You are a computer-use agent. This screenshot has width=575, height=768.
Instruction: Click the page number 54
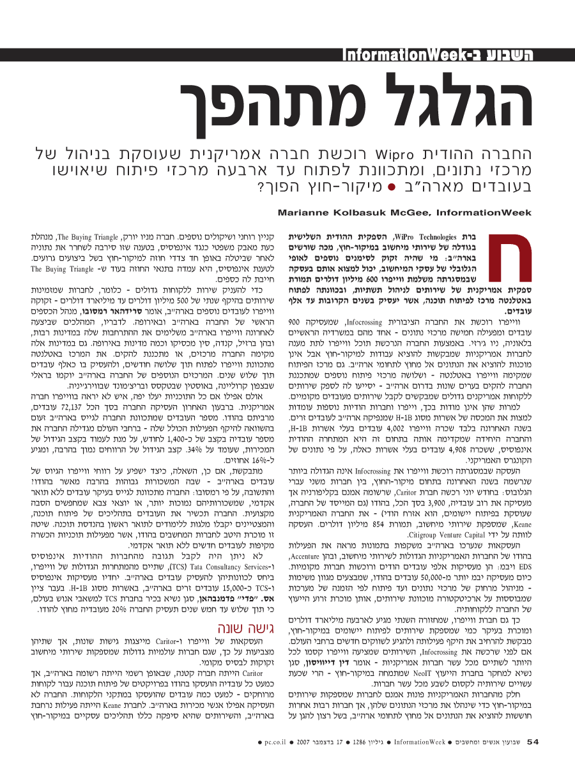(x=533, y=742)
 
